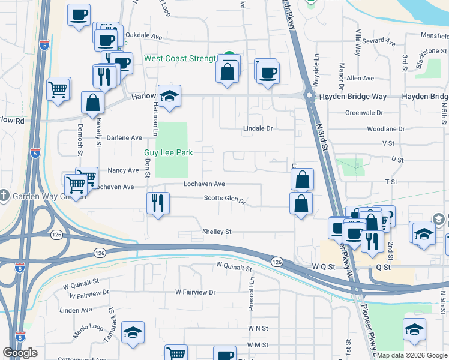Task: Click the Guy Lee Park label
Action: (x=168, y=152)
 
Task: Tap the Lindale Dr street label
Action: (x=258, y=128)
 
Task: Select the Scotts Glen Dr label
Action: (x=224, y=199)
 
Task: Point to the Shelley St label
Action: (x=217, y=232)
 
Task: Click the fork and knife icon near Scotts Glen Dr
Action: (x=158, y=202)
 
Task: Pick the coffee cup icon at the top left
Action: (x=79, y=14)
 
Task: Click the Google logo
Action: (x=20, y=353)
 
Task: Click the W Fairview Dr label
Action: (x=195, y=292)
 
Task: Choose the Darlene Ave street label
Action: (x=124, y=137)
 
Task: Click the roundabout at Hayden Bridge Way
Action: (x=309, y=95)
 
